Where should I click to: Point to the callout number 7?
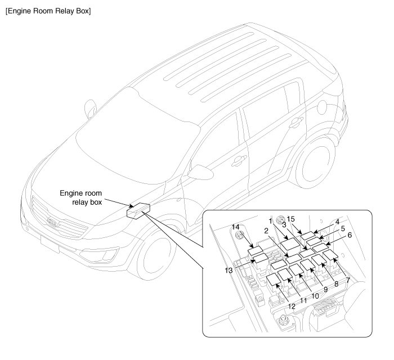(x=347, y=280)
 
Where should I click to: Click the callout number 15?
(x=291, y=218)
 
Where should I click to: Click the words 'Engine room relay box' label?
(x=81, y=197)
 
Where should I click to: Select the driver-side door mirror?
(x=199, y=170)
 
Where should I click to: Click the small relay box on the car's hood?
(x=138, y=209)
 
